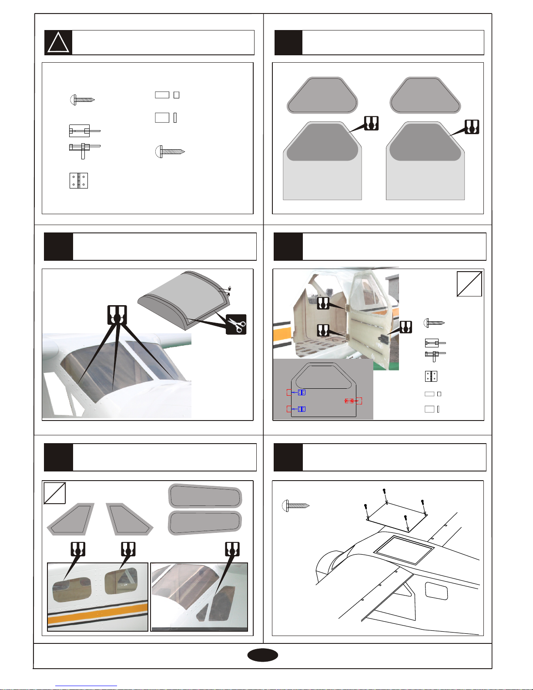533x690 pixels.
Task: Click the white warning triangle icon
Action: [59, 43]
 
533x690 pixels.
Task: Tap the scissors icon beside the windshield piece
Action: [236, 324]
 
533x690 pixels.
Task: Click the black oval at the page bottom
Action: [262, 655]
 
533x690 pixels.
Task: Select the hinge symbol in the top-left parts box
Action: [79, 181]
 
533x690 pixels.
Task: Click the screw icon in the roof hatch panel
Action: [296, 506]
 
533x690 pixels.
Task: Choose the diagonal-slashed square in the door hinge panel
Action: [469, 284]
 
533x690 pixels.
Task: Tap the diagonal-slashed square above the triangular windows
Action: [55, 493]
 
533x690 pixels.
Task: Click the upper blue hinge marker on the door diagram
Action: [302, 392]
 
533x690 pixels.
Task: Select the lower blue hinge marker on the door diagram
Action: [302, 409]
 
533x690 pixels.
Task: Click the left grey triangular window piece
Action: [71, 519]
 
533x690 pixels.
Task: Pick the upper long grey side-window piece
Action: [205, 496]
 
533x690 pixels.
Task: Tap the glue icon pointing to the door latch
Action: [406, 327]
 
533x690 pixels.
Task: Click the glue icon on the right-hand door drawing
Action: [472, 127]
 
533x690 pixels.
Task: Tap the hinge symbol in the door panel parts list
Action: [431, 377]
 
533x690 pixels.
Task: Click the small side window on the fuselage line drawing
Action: [436, 591]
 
